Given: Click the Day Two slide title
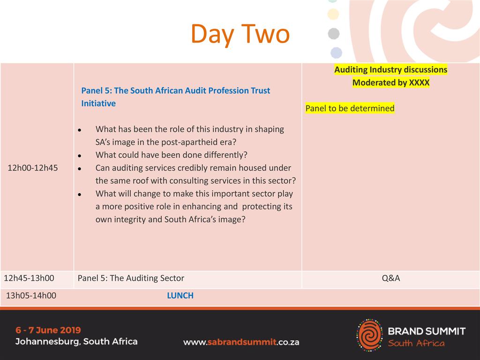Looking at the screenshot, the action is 240,34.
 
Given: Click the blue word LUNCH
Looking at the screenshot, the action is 180,295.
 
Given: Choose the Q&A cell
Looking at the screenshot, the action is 391,278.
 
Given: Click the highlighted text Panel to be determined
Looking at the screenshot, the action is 350,108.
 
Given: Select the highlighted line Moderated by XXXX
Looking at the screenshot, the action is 391,82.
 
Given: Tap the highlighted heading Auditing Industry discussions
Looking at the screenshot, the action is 391,69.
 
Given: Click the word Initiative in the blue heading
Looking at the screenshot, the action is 98,104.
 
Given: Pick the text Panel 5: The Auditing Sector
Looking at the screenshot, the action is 131,278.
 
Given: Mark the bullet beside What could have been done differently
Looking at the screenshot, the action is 80,156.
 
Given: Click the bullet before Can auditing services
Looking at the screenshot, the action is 80,169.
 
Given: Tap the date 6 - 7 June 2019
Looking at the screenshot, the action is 48,330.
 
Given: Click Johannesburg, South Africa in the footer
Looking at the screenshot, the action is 76,342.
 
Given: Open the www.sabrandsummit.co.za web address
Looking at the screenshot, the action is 241,342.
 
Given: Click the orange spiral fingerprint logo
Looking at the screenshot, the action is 370,335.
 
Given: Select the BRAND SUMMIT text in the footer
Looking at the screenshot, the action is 427,331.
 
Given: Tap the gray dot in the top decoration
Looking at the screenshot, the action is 334,34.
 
